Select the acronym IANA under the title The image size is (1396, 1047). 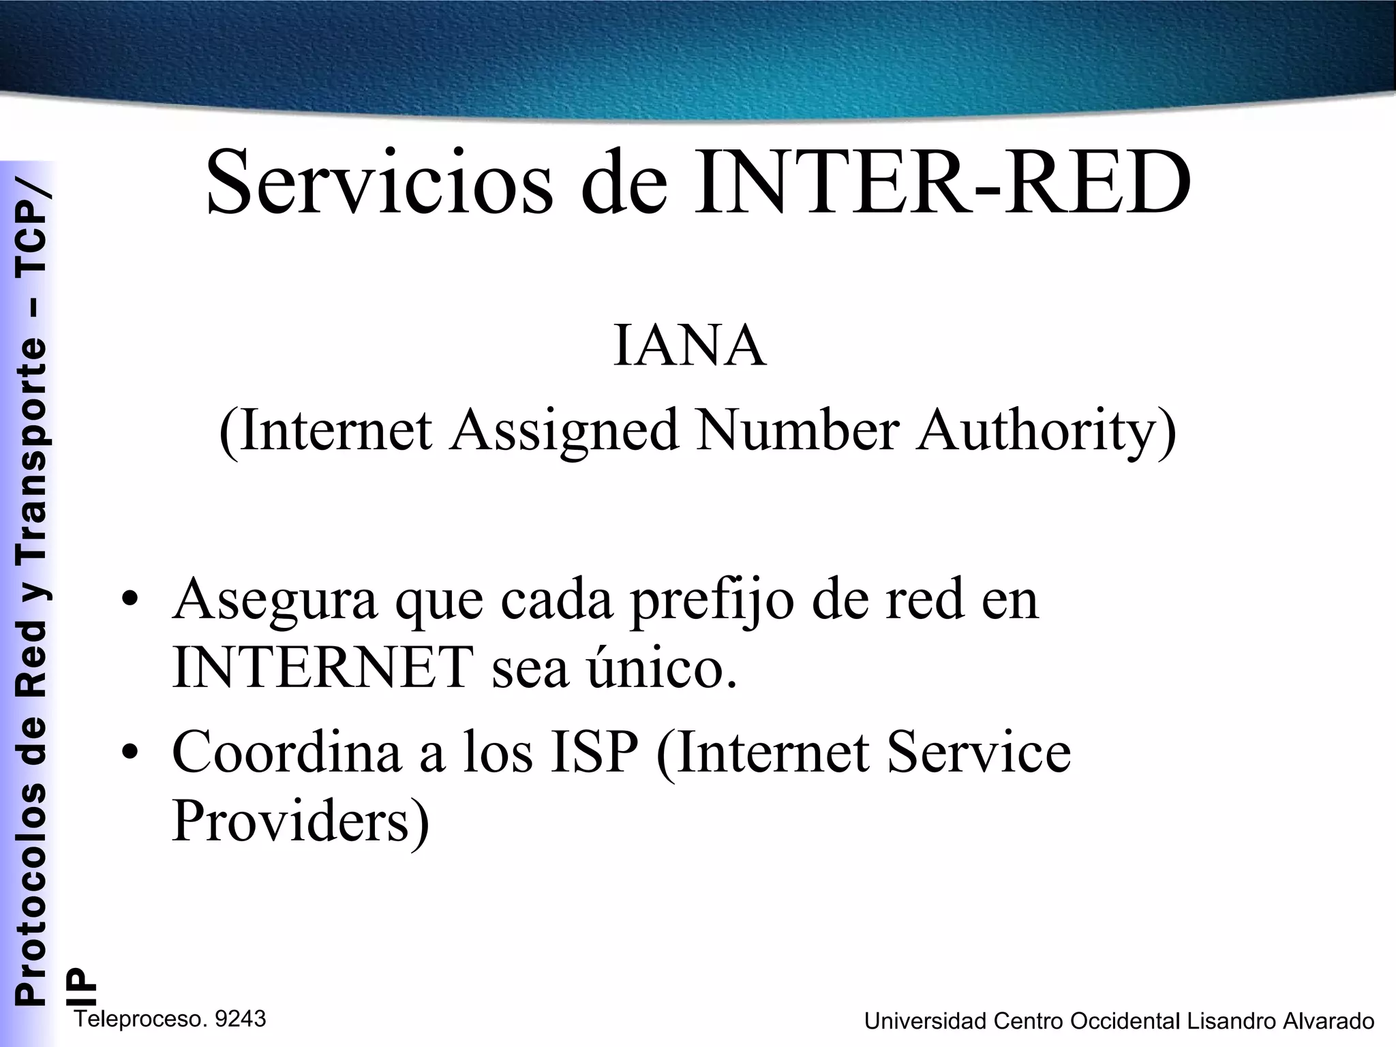coord(690,347)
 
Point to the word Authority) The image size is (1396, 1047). coord(1046,431)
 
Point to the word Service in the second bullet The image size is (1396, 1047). coord(979,752)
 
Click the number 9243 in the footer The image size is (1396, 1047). coord(239,1019)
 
